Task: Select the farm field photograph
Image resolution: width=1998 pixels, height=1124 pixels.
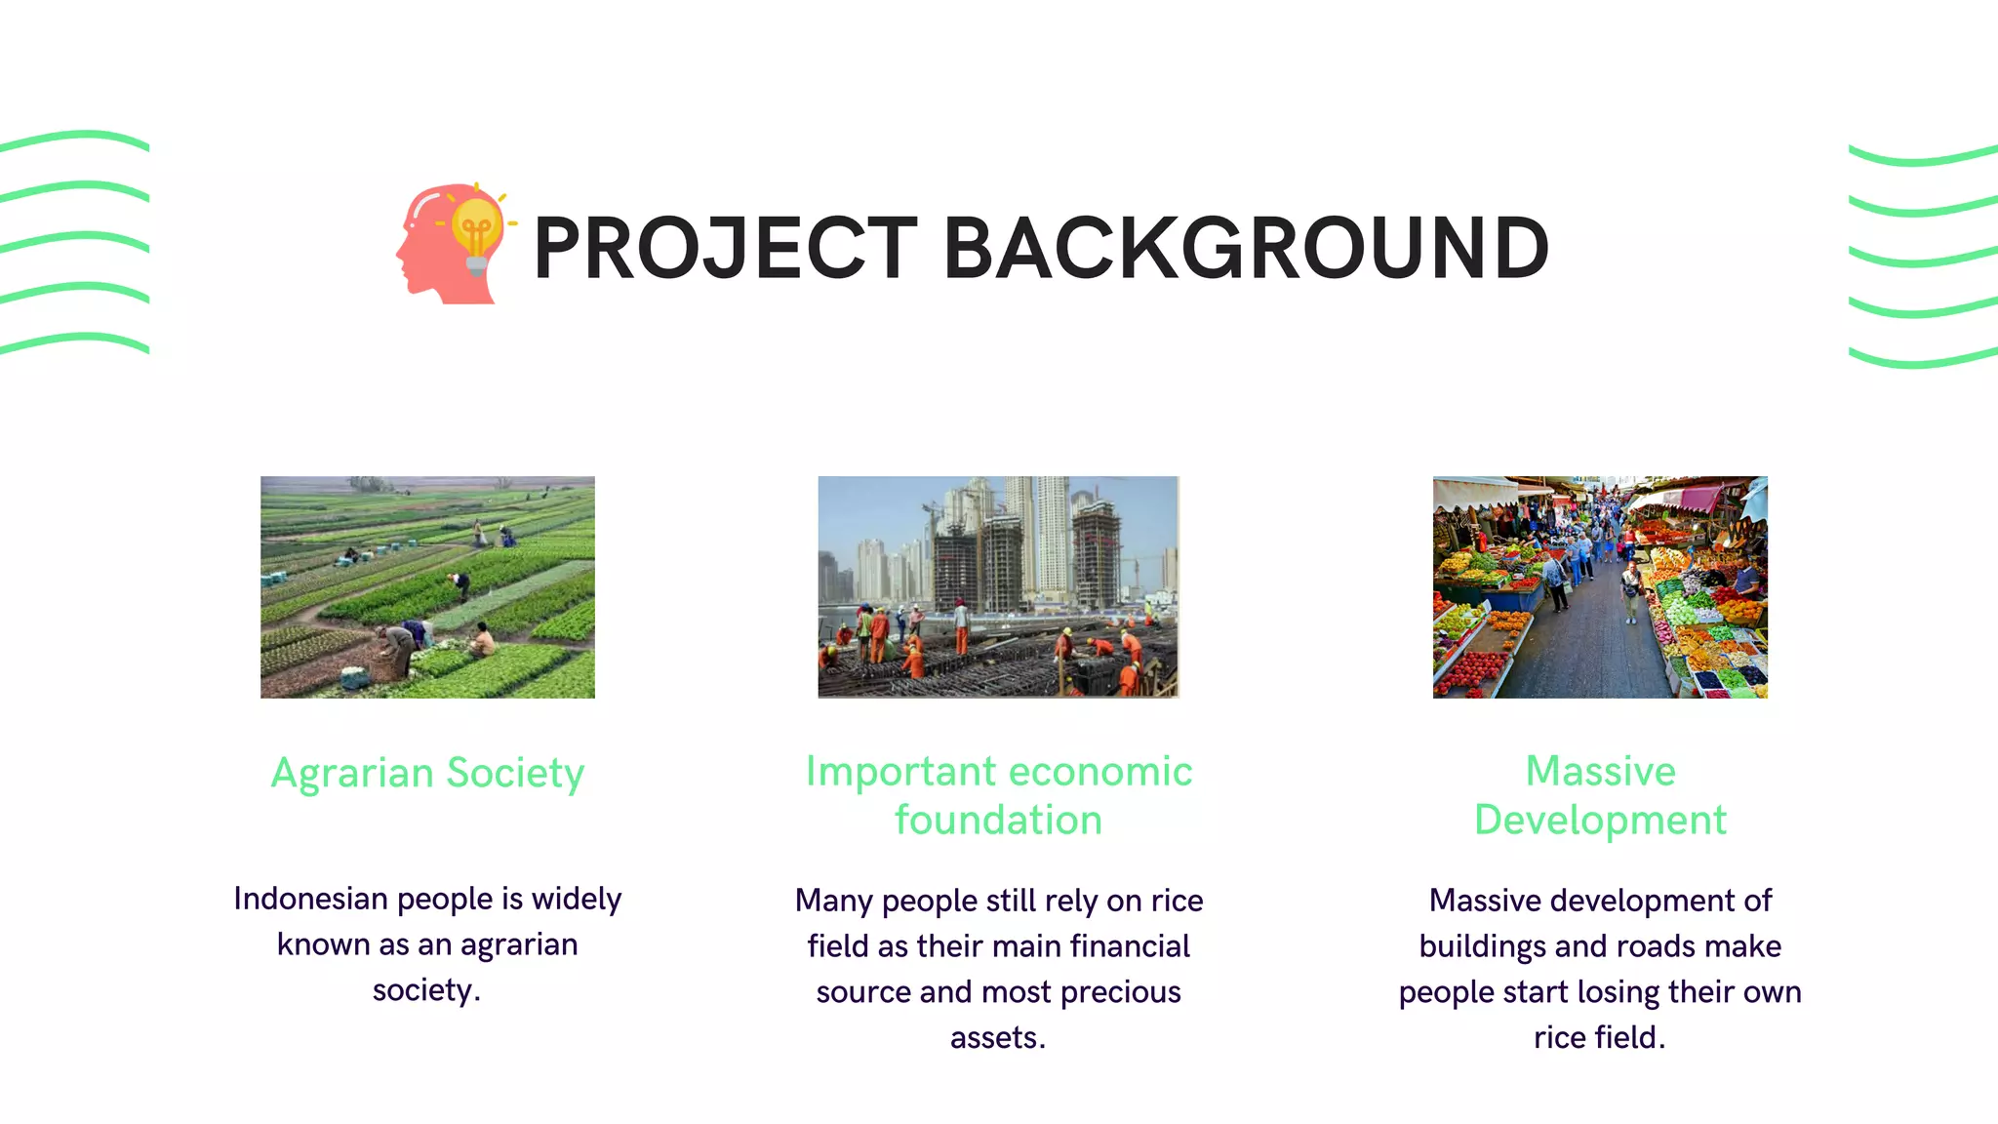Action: tap(427, 586)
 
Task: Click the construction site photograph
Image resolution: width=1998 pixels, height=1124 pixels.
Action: tap(998, 586)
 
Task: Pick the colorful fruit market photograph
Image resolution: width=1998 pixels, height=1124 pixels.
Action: tap(1600, 586)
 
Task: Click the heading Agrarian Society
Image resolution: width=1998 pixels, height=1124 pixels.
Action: tap(427, 773)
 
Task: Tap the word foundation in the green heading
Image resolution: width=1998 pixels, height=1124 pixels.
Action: tap(998, 820)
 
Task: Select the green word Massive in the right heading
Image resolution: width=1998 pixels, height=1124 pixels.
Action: tap(1600, 771)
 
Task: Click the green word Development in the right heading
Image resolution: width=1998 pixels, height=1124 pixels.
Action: tap(1600, 820)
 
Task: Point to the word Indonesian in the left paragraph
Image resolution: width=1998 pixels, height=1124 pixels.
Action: tap(310, 899)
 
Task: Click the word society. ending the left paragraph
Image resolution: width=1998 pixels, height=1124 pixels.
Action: tap(426, 990)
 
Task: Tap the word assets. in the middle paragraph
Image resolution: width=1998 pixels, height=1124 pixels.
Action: tap(998, 1037)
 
